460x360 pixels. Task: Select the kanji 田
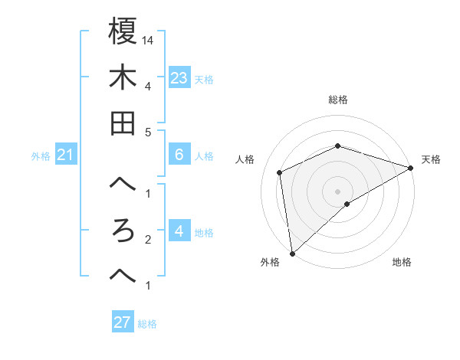123,123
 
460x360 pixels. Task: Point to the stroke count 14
149,40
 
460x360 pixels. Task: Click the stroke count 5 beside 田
147,132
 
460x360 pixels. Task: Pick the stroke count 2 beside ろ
147,240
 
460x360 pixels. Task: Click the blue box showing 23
179,78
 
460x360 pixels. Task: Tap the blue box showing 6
179,155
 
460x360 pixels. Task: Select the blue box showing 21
66,155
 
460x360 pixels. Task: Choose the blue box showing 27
123,322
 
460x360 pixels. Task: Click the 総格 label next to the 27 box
148,323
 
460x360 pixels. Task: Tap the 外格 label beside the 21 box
41,156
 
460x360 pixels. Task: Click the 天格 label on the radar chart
431,159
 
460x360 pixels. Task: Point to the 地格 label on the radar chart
402,263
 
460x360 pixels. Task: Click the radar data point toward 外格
292,254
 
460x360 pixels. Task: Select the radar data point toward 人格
280,172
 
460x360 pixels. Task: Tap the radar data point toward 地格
347,204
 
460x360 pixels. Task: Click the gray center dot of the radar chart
338,191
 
